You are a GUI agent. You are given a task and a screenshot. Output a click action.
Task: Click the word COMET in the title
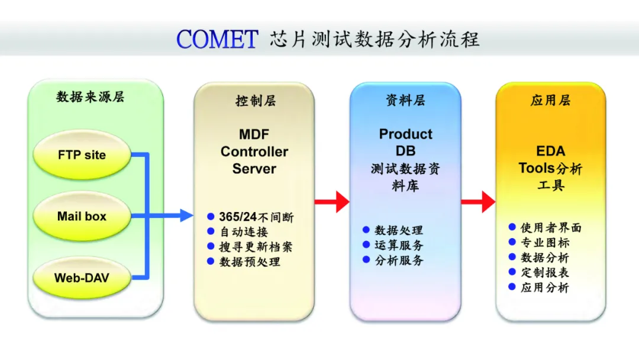point(217,40)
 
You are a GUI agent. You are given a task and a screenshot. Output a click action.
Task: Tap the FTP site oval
point(82,155)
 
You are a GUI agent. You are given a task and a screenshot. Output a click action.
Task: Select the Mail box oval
point(82,216)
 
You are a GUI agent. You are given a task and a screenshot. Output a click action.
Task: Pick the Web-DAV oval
point(82,278)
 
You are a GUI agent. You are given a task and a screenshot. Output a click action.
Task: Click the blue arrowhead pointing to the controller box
point(186,216)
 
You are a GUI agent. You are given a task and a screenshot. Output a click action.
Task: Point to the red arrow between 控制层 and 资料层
point(332,201)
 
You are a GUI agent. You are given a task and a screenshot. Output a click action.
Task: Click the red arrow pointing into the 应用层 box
point(478,201)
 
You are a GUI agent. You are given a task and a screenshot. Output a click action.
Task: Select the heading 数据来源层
point(90,97)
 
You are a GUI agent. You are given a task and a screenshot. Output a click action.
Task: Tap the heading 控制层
point(256,100)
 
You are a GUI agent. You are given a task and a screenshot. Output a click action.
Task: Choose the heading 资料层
point(405,100)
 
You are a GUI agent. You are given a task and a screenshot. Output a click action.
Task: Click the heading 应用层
point(551,100)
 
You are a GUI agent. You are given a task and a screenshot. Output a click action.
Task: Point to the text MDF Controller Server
point(254,151)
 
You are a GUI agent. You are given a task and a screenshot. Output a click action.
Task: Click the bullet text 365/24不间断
point(256,217)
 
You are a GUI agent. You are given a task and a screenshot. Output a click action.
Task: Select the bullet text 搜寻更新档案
point(256,247)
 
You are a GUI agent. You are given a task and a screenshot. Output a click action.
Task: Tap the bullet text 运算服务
point(399,245)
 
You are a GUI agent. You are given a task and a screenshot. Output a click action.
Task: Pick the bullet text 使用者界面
point(551,227)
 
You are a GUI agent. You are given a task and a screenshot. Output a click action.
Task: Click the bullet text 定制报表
point(545,272)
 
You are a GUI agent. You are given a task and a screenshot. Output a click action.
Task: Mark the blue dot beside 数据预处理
point(211,261)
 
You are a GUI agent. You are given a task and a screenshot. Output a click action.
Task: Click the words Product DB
point(405,142)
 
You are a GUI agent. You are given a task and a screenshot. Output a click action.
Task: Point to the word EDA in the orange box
point(551,151)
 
